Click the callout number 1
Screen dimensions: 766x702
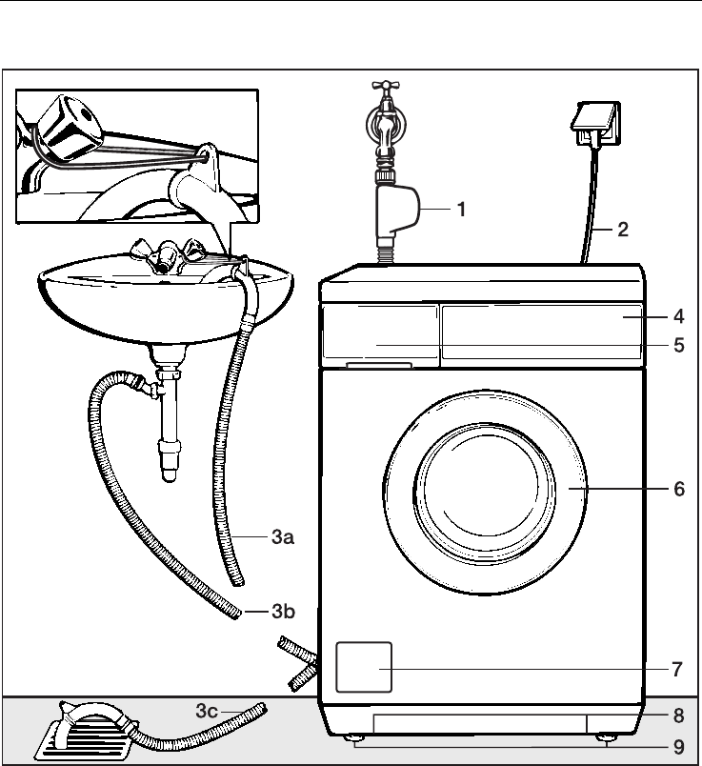click(x=461, y=210)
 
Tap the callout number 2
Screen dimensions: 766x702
click(x=622, y=230)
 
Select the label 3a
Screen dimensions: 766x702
click(x=279, y=538)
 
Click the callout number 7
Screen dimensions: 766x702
click(x=677, y=669)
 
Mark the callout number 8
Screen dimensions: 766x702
click(x=677, y=713)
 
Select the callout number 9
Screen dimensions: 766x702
click(x=677, y=744)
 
